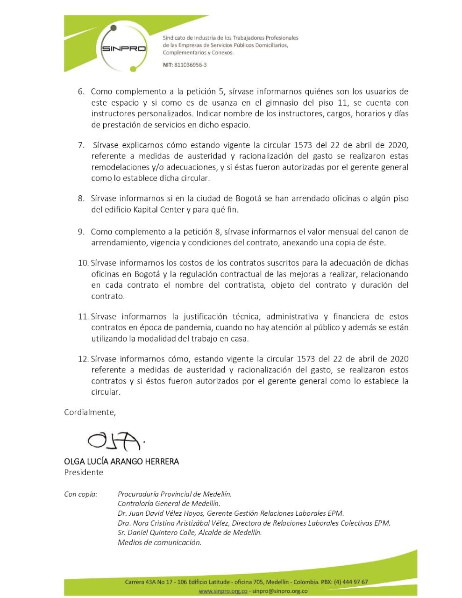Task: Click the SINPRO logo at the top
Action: click(x=123, y=49)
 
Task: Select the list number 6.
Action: click(x=81, y=92)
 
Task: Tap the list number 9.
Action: click(x=81, y=232)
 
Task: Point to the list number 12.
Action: click(x=83, y=359)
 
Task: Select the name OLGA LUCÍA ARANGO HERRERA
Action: click(x=121, y=462)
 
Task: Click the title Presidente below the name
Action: click(x=84, y=472)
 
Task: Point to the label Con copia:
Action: click(x=81, y=494)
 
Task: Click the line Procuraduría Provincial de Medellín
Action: click(x=175, y=494)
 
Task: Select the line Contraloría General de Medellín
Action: click(x=169, y=504)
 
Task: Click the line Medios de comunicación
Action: click(x=160, y=543)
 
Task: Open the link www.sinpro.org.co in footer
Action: click(x=223, y=591)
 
